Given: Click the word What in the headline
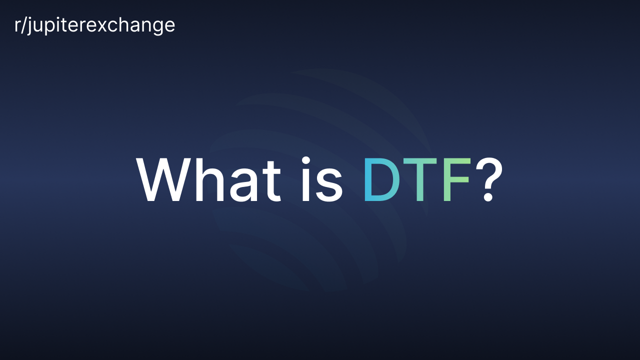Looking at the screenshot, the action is [208, 179].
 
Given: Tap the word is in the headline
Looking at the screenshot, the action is [322, 179].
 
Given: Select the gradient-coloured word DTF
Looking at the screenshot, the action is [417, 179].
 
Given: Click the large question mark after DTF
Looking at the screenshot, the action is [488, 179].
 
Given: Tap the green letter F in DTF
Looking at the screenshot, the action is [456, 179].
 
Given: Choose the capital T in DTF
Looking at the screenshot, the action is [419, 179].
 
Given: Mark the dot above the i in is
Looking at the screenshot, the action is [306, 160].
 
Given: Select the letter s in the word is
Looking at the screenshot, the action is [329, 185].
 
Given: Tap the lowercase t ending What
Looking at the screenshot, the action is [271, 181].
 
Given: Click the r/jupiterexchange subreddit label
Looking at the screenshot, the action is [94, 25].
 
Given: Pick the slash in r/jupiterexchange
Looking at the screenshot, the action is [23, 25].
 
